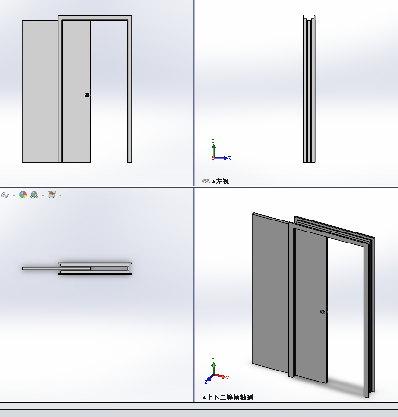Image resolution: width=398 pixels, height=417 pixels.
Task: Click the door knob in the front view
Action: (x=87, y=95)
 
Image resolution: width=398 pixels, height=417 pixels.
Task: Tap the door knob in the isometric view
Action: (x=322, y=312)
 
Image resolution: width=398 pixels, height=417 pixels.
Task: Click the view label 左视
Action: (x=222, y=181)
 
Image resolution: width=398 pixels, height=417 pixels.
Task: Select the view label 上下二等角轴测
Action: (x=230, y=397)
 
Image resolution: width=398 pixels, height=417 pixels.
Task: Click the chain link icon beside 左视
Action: (x=206, y=181)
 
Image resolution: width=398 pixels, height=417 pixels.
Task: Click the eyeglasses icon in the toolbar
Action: (x=5, y=195)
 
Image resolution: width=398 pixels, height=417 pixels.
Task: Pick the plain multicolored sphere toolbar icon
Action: (x=23, y=195)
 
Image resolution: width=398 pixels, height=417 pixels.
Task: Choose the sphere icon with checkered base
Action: (x=34, y=195)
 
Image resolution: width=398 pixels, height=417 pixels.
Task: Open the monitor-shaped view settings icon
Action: (x=52, y=195)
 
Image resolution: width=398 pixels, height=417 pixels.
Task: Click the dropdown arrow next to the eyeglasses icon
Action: (x=14, y=195)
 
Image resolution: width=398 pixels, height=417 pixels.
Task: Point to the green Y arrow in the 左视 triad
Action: (x=214, y=151)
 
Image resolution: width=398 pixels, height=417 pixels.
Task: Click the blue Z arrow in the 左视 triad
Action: (x=221, y=158)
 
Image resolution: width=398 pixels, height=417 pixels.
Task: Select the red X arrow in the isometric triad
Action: (x=221, y=376)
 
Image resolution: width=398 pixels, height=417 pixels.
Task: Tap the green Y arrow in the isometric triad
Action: (x=214, y=369)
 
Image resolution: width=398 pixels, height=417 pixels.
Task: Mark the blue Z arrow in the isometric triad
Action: (x=211, y=378)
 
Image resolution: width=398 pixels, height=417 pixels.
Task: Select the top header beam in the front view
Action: (x=95, y=18)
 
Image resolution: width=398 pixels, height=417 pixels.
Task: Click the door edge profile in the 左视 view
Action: (x=309, y=89)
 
